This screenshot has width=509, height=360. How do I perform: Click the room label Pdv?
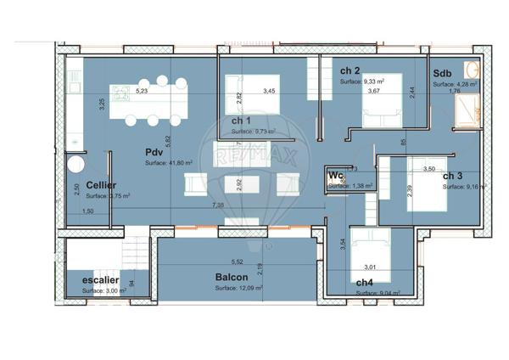(153, 152)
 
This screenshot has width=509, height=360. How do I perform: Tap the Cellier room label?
(101, 184)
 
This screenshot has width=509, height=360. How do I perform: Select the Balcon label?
(230, 278)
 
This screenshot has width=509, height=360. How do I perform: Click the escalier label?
(100, 279)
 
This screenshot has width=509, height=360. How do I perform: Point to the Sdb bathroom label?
(442, 74)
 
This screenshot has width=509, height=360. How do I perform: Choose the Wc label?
(335, 176)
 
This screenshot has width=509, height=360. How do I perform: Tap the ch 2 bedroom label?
(350, 70)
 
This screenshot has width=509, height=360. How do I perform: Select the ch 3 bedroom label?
(452, 176)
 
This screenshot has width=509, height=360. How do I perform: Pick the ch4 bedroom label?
(365, 282)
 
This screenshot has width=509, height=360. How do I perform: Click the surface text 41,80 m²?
(169, 162)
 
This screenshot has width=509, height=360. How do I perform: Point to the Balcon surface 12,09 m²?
(238, 288)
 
